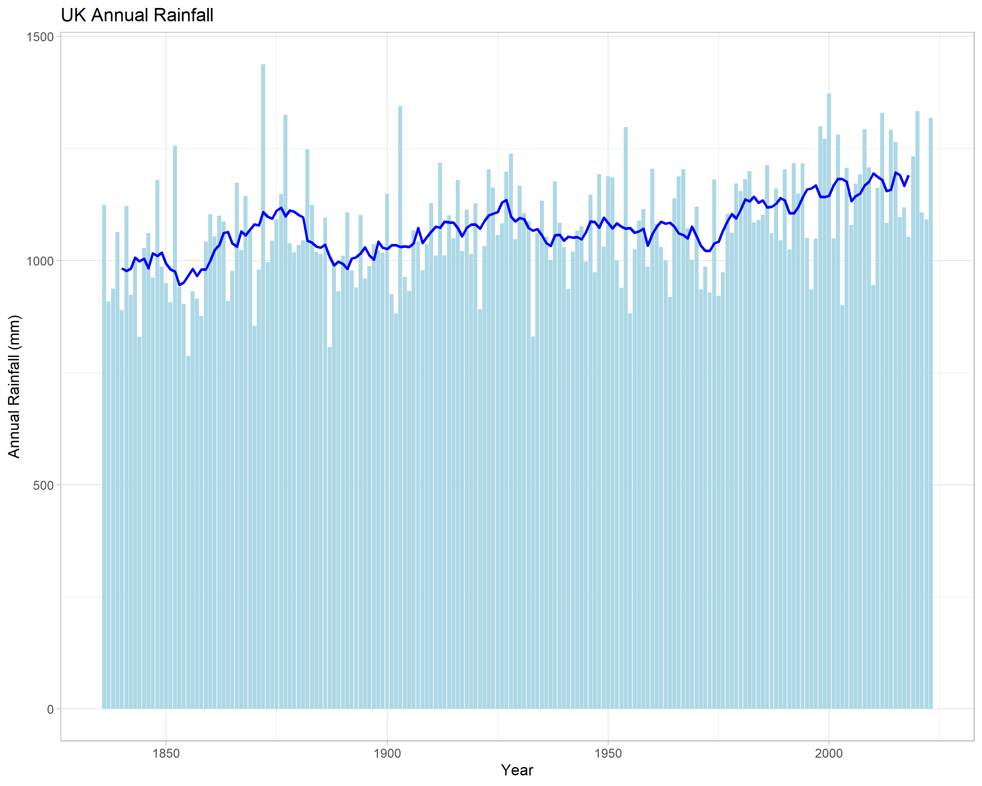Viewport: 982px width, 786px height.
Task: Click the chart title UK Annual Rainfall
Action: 137,15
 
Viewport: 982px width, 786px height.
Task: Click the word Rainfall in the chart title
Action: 183,15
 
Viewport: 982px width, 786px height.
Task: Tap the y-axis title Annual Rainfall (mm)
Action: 14,386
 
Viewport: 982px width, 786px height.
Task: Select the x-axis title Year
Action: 517,770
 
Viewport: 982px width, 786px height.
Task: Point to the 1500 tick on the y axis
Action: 41,37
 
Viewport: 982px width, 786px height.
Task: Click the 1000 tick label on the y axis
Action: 41,261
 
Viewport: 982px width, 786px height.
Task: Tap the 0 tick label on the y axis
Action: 51,709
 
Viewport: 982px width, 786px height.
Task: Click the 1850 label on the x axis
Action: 166,753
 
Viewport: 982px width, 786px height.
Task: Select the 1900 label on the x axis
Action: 387,753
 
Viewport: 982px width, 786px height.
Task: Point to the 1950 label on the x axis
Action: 608,753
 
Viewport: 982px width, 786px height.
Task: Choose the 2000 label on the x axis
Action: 829,753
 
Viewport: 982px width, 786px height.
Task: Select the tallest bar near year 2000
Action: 829,401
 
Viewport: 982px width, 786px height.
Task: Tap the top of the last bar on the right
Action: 930,118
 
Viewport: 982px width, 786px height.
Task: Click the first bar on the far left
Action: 104,457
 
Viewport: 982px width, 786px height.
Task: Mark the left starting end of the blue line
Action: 122,269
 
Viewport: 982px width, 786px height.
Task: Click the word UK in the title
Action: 73,15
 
